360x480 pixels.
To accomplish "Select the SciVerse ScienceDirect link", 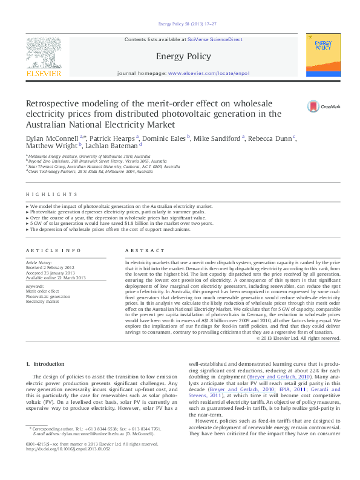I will click(x=215, y=39).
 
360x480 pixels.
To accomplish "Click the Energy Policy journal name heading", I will click(x=183, y=56).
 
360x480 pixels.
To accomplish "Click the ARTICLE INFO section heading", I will click(x=53, y=250).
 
